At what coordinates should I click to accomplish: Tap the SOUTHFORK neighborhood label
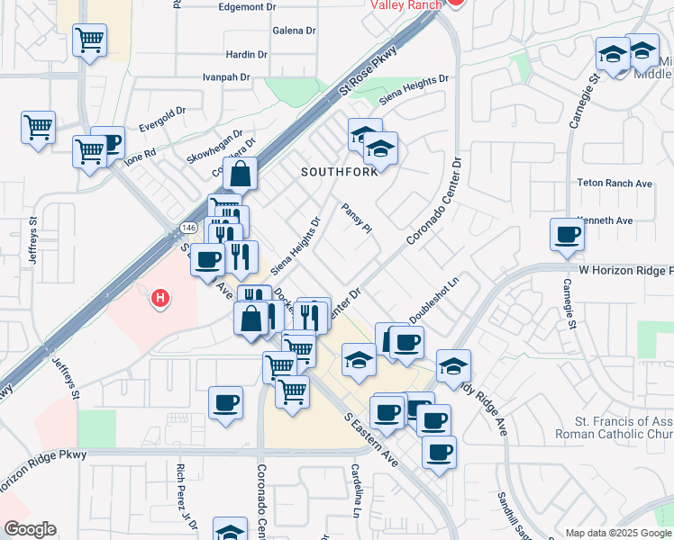[x=340, y=172]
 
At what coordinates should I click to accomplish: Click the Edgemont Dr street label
[x=247, y=7]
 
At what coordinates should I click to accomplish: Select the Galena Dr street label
[x=295, y=30]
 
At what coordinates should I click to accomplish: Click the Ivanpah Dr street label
[x=226, y=77]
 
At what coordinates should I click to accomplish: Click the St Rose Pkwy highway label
[x=368, y=73]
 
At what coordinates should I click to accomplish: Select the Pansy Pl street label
[x=357, y=218]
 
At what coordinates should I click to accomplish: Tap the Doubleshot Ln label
[x=433, y=303]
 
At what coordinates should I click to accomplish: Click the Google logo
[x=30, y=529]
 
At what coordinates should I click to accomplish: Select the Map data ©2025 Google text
[x=618, y=533]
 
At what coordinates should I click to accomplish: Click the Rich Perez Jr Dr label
[x=187, y=490]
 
